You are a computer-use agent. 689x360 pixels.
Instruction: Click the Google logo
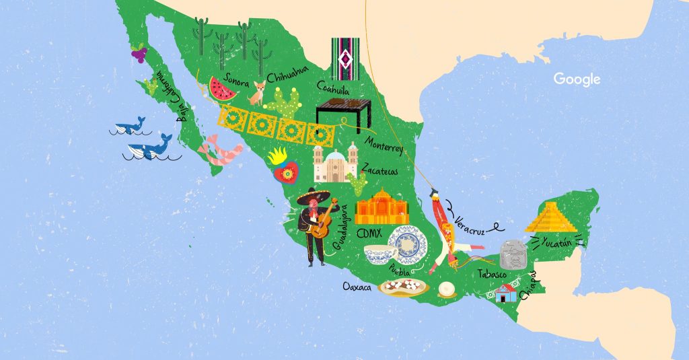point(577,79)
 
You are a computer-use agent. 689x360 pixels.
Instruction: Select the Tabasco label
point(491,274)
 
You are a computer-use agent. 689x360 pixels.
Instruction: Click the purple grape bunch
point(139,52)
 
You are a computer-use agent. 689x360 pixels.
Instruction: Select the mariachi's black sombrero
point(314,196)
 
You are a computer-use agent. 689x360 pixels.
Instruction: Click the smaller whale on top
point(129,127)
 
